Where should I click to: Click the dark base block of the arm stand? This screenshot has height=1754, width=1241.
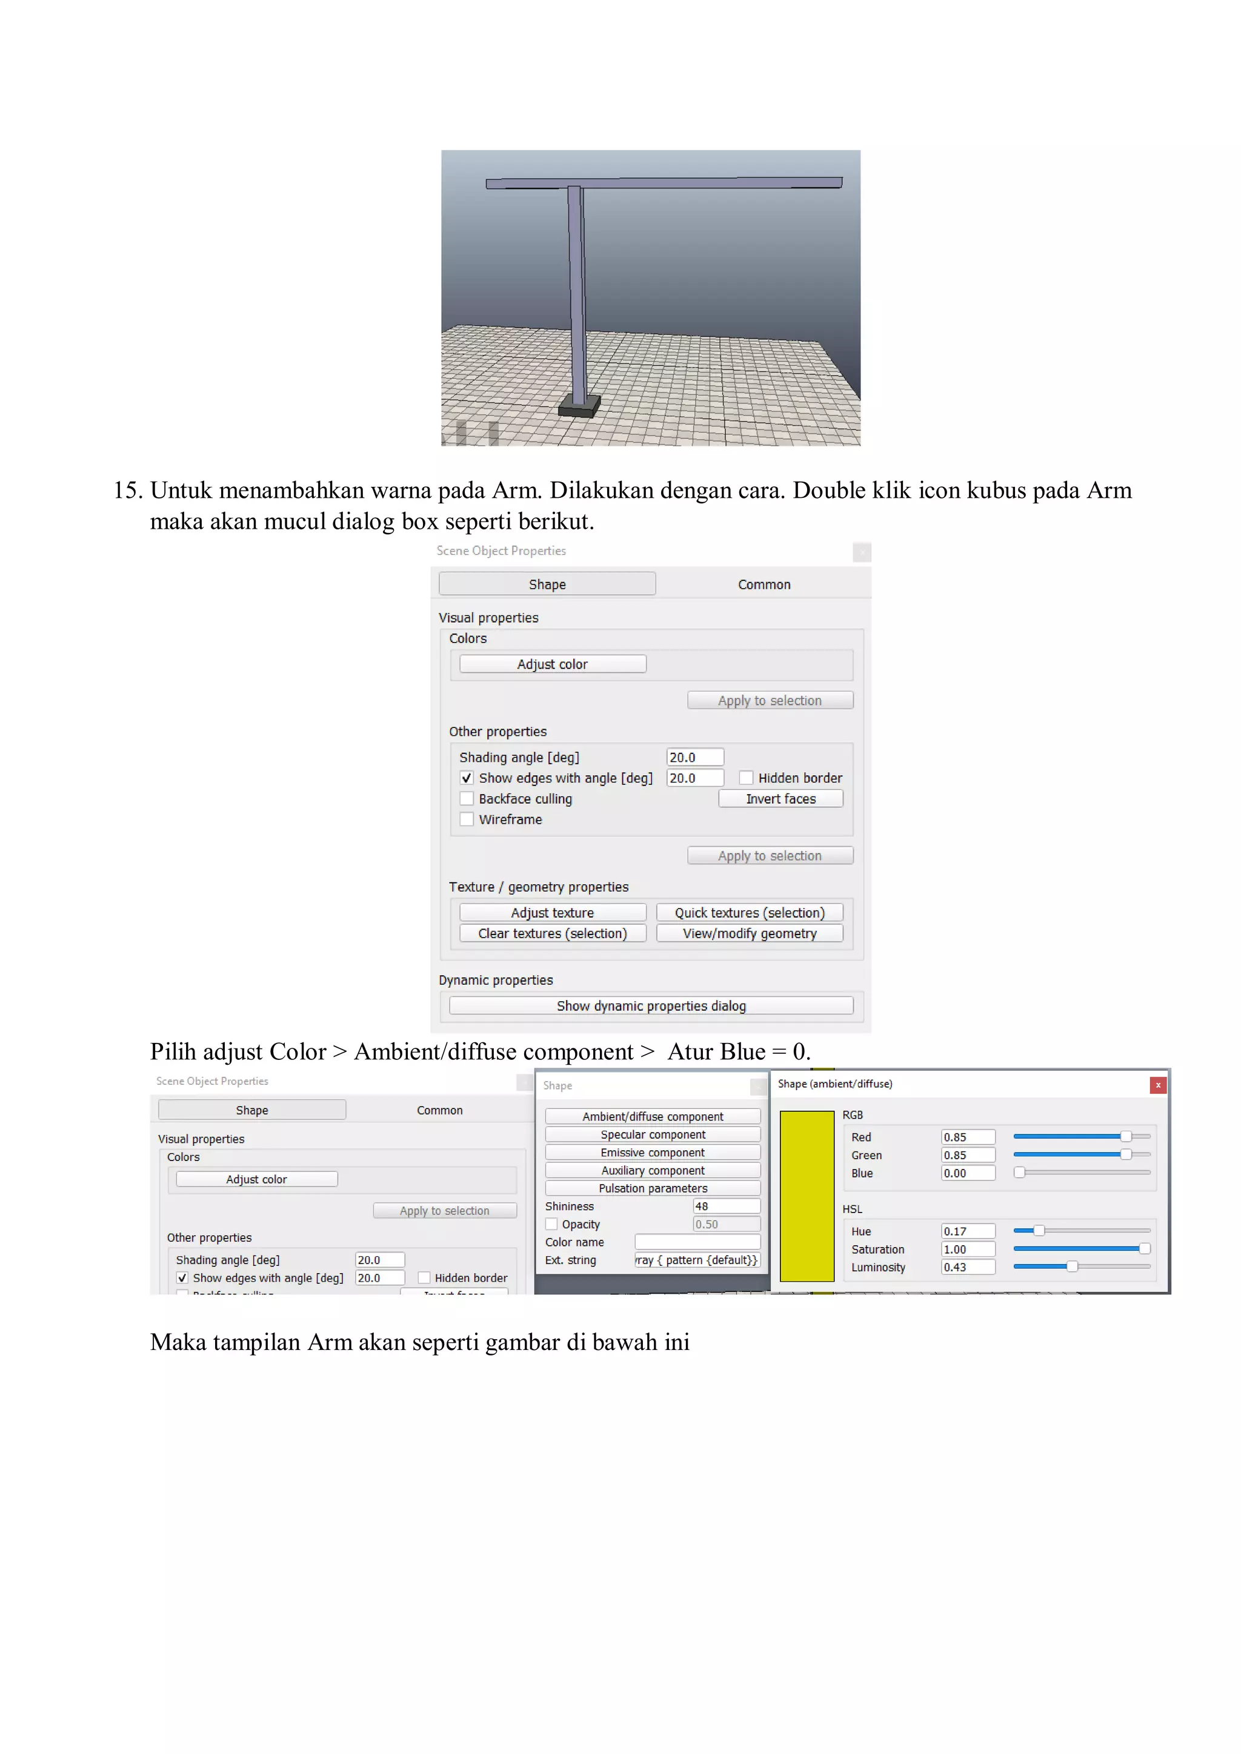click(579, 407)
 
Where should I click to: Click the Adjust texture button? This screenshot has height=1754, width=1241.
click(553, 912)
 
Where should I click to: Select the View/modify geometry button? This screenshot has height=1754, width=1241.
click(750, 933)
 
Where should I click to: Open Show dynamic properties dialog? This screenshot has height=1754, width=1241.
click(651, 1005)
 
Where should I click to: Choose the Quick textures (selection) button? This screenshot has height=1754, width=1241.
click(750, 912)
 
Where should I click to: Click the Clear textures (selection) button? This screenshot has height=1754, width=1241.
click(553, 933)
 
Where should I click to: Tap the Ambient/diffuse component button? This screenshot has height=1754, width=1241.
click(653, 1116)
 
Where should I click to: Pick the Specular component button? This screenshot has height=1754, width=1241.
click(653, 1134)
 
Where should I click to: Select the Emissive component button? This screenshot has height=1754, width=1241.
click(653, 1152)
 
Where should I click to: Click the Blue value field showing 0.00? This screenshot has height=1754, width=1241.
click(968, 1173)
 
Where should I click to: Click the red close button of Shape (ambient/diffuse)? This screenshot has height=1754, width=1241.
click(1158, 1085)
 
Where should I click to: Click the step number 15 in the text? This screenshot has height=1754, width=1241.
click(128, 491)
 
